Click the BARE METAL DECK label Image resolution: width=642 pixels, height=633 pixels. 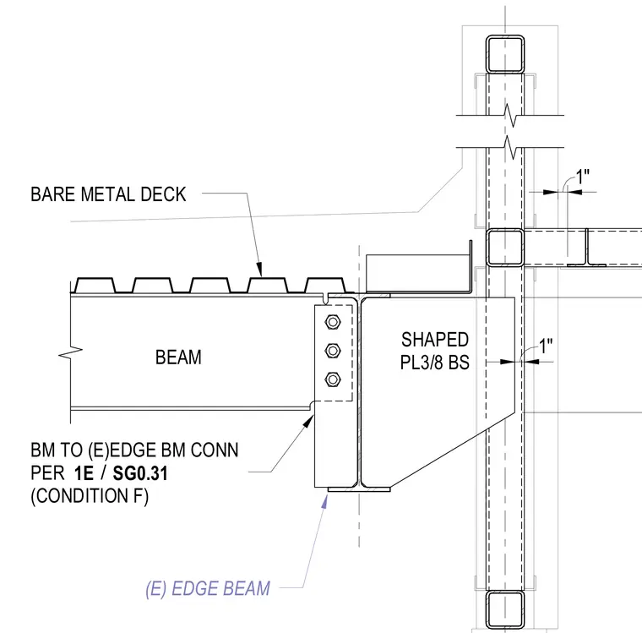coord(108,194)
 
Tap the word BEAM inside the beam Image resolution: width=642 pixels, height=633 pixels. coord(178,357)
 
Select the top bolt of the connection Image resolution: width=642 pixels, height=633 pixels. coord(333,323)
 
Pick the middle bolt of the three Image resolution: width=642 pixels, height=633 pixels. coord(333,351)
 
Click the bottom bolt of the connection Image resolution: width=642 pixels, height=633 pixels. coord(333,379)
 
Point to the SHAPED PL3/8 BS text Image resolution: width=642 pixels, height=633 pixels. coord(435,351)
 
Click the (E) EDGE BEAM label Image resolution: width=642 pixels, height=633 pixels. coord(208,589)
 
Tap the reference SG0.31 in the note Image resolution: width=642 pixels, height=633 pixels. coord(140,473)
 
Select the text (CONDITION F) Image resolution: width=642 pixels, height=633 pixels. coord(90,496)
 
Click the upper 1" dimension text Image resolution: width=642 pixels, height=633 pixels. coord(583,177)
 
